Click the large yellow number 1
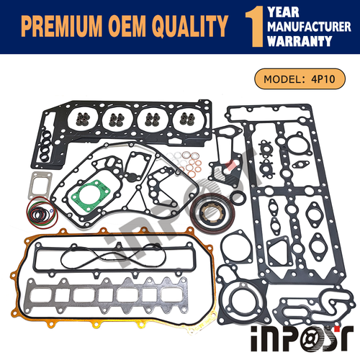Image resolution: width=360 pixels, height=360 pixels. coord(254,27)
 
